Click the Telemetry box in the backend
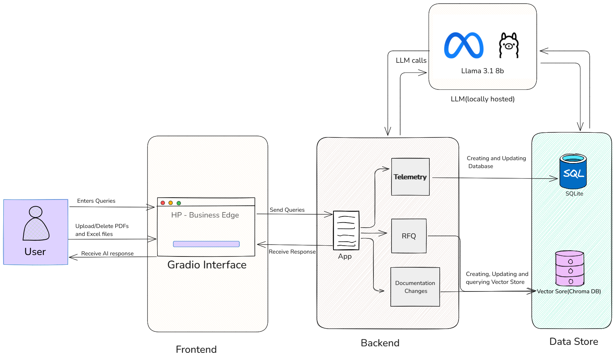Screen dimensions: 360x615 tap(410, 177)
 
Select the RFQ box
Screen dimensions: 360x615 tap(409, 236)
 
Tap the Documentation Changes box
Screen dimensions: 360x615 tap(415, 287)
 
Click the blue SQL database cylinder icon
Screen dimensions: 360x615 tap(573, 172)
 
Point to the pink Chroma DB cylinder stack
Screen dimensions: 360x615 tap(570, 269)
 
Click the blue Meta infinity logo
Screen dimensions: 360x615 tap(464, 45)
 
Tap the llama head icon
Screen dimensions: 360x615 tap(509, 45)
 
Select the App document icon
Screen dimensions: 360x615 tap(346, 231)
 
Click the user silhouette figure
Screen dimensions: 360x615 tap(36, 224)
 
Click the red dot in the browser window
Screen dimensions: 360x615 tap(163, 203)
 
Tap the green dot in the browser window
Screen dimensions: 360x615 tap(179, 203)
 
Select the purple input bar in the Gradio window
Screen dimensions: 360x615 tap(206, 244)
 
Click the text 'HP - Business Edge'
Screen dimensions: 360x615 tap(205, 215)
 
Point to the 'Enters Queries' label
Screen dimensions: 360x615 tap(96, 201)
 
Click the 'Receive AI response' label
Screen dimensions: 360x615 tap(107, 254)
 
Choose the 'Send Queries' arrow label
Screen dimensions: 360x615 tap(287, 210)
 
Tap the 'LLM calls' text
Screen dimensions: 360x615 tap(411, 61)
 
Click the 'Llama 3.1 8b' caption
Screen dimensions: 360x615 tap(482, 71)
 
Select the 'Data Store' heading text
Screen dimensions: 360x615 tap(574, 342)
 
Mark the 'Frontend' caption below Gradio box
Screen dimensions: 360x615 tap(196, 350)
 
